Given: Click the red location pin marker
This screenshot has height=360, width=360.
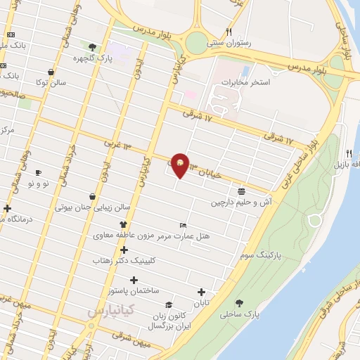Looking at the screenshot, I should click(x=181, y=165).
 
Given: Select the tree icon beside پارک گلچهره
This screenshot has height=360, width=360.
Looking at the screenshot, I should click(x=92, y=47).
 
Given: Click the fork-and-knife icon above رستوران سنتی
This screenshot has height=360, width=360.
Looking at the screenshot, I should click(x=229, y=32).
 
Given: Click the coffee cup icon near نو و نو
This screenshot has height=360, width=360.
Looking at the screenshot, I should click(x=38, y=172).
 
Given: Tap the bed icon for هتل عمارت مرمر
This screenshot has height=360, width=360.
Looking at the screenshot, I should click(x=184, y=225).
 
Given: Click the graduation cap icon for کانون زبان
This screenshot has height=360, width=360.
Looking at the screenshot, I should click(x=169, y=305).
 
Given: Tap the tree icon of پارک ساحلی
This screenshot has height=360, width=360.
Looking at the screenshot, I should click(x=239, y=304).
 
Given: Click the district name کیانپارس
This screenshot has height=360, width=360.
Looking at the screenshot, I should click(x=111, y=310).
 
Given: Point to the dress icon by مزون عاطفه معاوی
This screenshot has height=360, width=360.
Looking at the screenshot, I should click(x=123, y=224).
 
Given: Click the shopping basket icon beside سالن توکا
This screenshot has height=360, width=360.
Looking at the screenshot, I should click(x=51, y=72).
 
